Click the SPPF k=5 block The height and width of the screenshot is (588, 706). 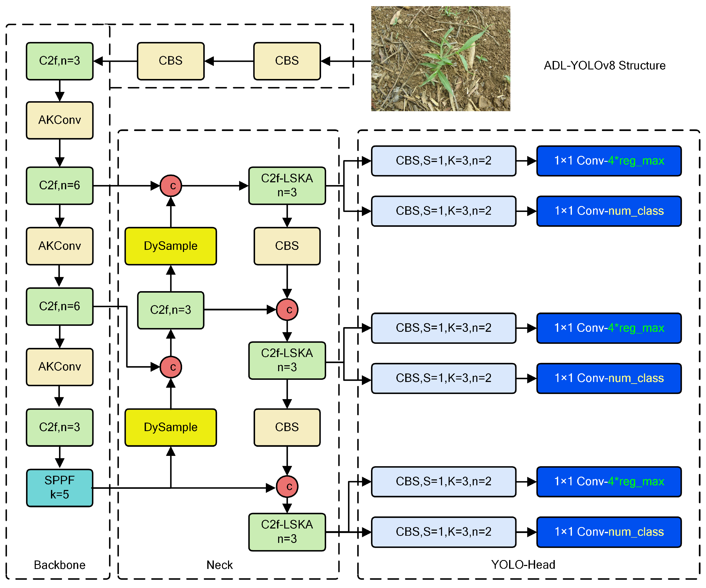click(x=59, y=487)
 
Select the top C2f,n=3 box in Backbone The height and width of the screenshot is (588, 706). click(x=59, y=61)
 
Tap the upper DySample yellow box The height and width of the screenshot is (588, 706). click(x=170, y=246)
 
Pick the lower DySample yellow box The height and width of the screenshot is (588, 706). click(x=170, y=427)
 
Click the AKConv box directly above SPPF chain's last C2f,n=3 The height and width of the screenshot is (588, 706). click(x=59, y=367)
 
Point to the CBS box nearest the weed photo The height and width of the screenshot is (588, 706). click(x=287, y=61)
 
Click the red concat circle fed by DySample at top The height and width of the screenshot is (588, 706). click(x=171, y=185)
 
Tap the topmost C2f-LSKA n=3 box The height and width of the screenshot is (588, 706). click(x=287, y=185)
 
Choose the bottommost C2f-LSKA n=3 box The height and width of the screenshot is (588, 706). click(x=287, y=532)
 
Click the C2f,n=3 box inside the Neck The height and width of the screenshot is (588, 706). click(x=170, y=310)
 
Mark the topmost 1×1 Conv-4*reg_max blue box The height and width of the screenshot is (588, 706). click(x=609, y=160)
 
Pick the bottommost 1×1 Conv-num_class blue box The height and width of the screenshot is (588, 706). click(x=609, y=532)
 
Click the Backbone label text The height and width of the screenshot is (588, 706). click(x=59, y=565)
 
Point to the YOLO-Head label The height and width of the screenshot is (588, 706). click(x=523, y=564)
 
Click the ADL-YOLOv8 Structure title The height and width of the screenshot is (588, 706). click(x=604, y=65)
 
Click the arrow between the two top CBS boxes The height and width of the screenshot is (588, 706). click(x=229, y=61)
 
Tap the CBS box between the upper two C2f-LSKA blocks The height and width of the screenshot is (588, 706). click(x=287, y=246)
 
